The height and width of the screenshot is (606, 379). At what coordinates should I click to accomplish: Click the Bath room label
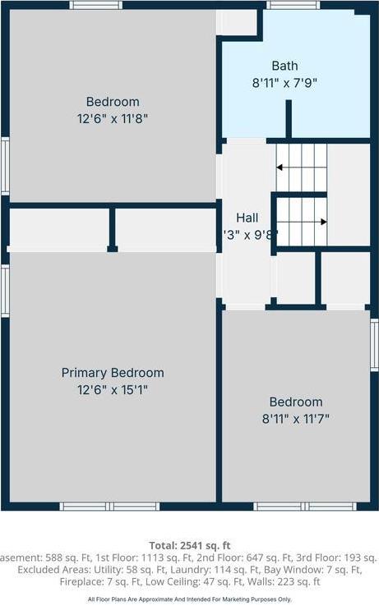tap(284, 66)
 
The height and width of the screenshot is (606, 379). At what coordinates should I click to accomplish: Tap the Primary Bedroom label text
tap(113, 373)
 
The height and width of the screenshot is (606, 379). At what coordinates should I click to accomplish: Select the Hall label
tap(247, 218)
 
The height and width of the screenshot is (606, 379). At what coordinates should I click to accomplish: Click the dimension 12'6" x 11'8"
tap(113, 118)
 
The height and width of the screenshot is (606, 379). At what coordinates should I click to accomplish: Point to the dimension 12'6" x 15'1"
tap(113, 389)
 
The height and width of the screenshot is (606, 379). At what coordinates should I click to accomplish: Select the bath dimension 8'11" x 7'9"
tap(284, 82)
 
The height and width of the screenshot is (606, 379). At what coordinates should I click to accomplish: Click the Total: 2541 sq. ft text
tap(190, 545)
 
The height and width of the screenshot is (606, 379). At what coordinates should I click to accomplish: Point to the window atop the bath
tap(293, 5)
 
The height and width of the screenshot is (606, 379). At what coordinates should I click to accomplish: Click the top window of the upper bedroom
tap(96, 5)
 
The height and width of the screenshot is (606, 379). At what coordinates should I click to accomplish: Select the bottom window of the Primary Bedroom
tap(110, 506)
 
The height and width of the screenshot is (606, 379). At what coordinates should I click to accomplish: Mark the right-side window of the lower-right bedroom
tap(374, 345)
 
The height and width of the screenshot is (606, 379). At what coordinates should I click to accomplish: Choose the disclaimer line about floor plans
tap(190, 599)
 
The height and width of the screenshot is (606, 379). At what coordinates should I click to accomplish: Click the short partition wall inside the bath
tap(289, 118)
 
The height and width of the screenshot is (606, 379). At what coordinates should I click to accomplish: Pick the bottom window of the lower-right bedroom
tap(293, 506)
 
